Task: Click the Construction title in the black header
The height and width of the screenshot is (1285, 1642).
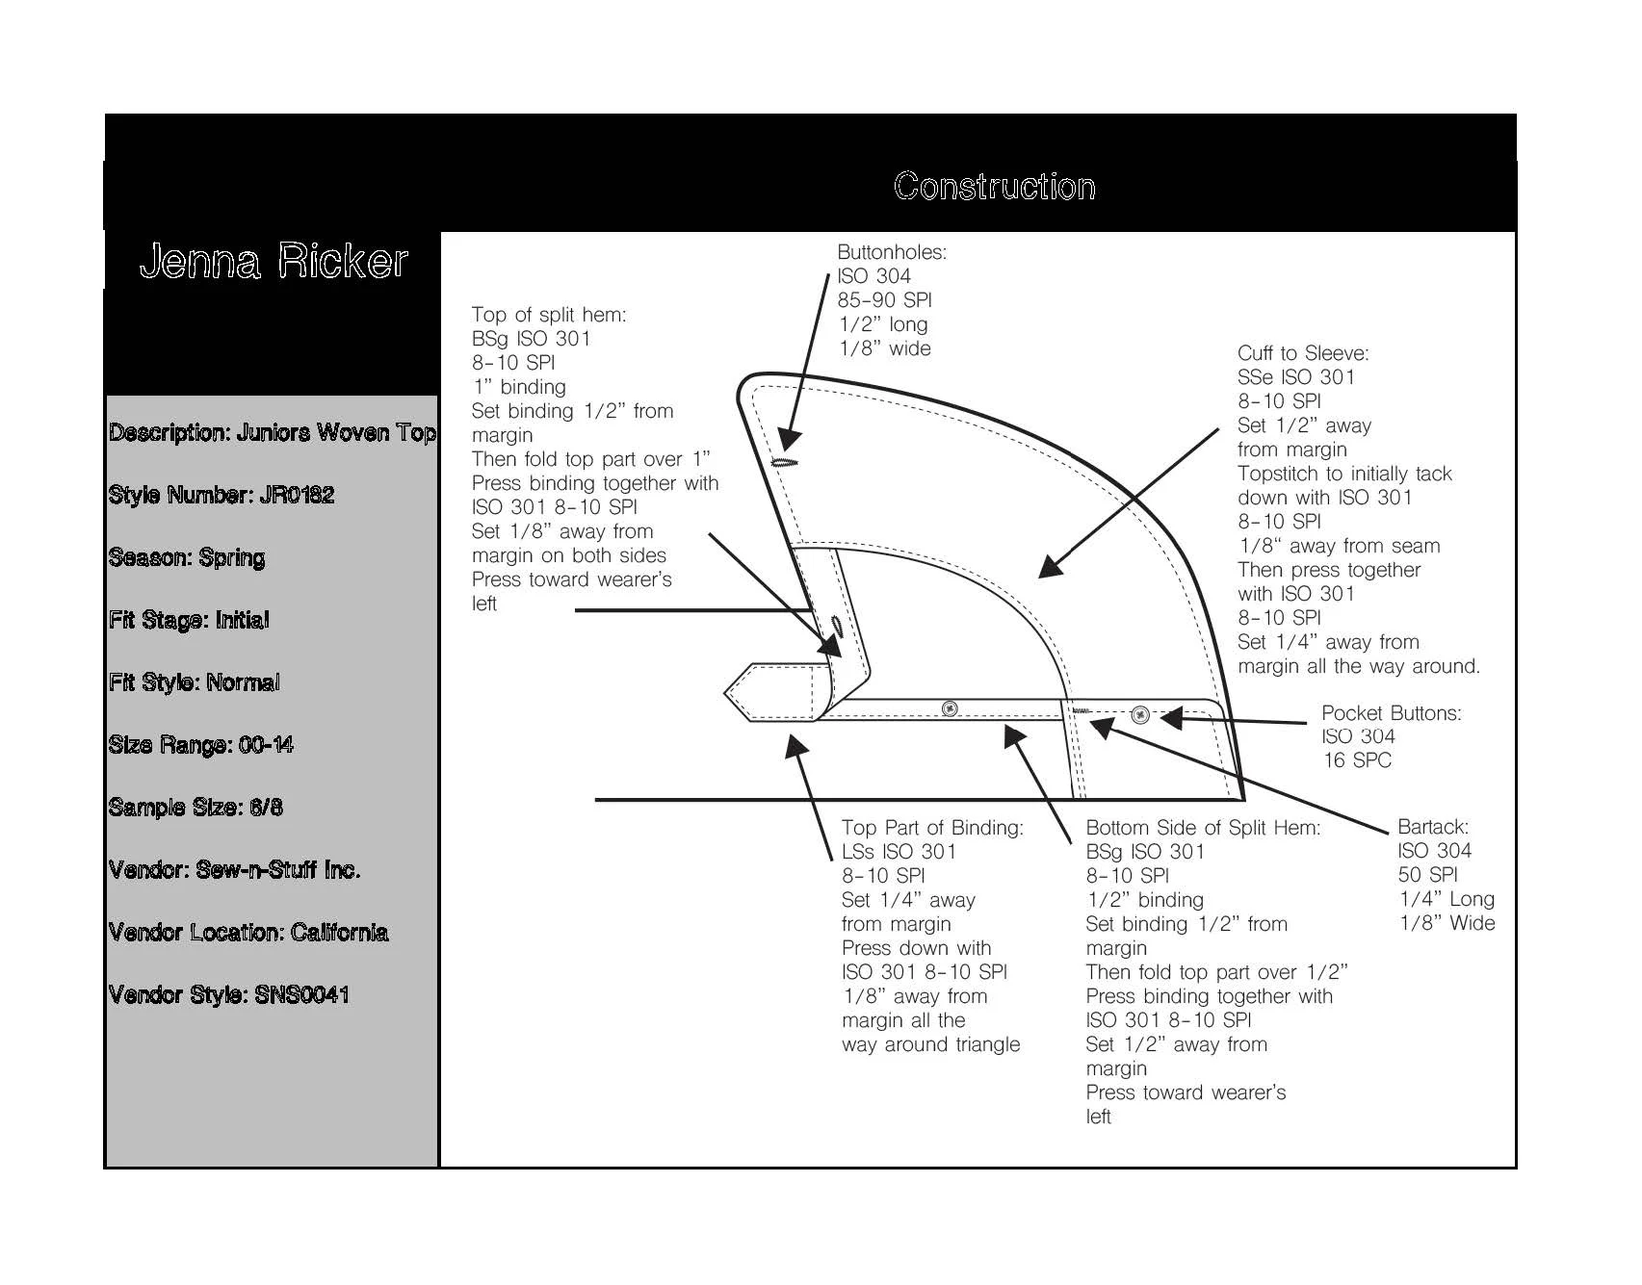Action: [994, 187]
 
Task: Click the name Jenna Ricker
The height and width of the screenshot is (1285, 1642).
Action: [274, 262]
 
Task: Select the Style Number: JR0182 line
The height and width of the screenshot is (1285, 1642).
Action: [222, 496]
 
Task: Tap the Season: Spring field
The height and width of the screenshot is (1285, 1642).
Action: [187, 558]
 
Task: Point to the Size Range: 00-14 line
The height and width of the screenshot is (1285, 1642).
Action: [201, 745]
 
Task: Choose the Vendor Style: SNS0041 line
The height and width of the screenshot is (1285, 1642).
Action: [229, 995]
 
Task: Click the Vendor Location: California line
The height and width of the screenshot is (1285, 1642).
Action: [248, 933]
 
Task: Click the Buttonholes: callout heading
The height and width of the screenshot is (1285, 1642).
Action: [892, 252]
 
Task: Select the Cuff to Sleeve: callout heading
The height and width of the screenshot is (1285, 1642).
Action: [1303, 353]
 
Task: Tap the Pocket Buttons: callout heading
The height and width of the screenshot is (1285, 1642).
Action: [1391, 713]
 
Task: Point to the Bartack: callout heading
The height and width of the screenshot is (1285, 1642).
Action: [1433, 827]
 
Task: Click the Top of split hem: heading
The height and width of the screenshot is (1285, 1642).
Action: [549, 315]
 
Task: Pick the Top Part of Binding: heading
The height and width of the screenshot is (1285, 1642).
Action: [932, 828]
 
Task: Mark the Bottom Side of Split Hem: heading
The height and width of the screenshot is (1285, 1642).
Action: [1203, 828]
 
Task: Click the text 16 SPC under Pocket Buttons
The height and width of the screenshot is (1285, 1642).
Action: [1357, 760]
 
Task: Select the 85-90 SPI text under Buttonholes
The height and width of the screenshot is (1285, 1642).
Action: [884, 300]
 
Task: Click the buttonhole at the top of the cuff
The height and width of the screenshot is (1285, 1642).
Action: [786, 462]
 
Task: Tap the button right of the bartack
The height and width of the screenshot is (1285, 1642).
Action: [1140, 714]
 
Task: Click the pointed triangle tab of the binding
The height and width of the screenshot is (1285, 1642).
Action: [740, 691]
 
